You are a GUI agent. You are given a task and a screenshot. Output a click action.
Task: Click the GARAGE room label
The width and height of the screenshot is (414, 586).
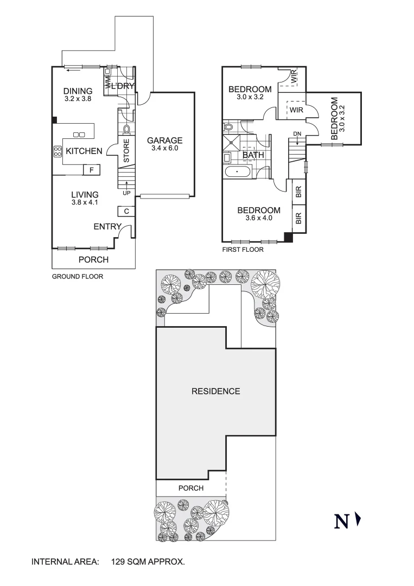point(165,140)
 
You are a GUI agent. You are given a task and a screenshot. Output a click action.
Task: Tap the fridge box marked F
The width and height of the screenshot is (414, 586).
point(91,170)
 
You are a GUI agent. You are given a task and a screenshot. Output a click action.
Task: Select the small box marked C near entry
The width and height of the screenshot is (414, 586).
point(126,211)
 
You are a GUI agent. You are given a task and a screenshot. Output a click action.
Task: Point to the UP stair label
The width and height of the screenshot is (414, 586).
point(126,193)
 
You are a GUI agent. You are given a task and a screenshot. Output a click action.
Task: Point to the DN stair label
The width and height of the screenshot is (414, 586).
point(297,133)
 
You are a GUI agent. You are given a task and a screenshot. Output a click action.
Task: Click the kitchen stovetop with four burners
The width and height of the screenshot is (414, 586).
point(57,151)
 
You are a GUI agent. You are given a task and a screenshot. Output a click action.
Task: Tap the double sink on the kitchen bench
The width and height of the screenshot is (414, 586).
point(79,134)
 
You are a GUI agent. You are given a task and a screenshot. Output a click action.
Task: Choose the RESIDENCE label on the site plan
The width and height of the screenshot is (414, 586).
point(215,391)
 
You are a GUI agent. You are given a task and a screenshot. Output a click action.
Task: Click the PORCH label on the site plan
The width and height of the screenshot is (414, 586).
point(190,488)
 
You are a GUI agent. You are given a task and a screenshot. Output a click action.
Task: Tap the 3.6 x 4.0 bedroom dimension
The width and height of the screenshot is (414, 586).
point(258,218)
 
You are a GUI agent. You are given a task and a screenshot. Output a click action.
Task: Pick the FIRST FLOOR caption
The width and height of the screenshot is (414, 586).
point(243,250)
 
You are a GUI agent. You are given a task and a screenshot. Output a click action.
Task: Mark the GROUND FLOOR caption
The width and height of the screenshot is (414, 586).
point(77,276)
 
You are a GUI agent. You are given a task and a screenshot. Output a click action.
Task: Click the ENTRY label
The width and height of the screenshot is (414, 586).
point(107,226)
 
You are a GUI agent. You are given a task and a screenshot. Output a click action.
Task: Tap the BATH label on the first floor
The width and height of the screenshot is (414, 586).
point(253,155)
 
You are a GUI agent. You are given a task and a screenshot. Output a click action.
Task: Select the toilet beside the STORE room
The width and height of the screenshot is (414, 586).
point(127,129)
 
